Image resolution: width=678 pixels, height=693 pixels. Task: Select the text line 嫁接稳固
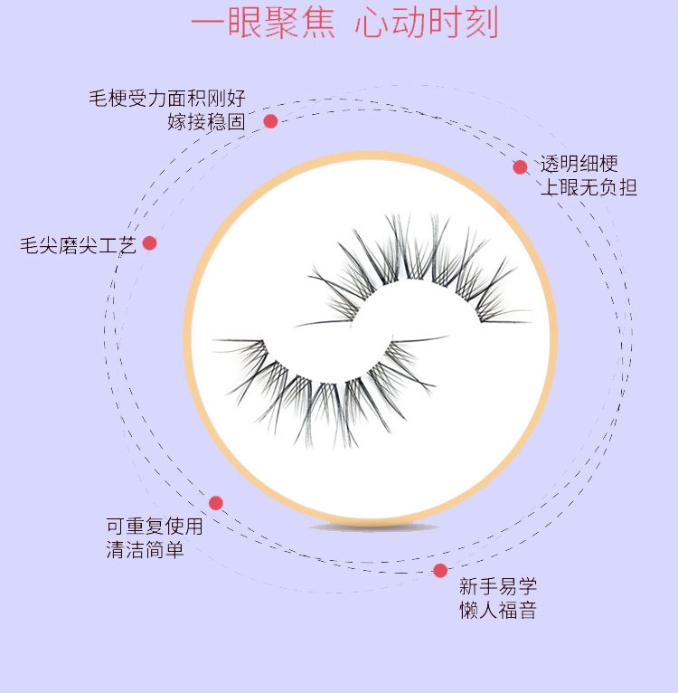click(x=206, y=122)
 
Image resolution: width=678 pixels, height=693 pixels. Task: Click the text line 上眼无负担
click(x=589, y=188)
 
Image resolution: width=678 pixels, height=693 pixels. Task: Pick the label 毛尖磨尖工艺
click(x=78, y=245)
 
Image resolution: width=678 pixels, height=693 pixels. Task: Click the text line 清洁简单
click(x=145, y=549)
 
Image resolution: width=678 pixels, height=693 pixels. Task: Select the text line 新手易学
click(x=497, y=586)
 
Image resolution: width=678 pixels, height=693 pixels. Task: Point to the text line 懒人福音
click(x=497, y=610)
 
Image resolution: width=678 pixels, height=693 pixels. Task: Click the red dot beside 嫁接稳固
click(x=270, y=121)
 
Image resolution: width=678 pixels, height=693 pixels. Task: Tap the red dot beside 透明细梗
click(x=520, y=166)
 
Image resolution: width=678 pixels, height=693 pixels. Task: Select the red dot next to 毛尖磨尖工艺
click(x=150, y=243)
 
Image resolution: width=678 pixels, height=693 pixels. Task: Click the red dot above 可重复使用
click(x=216, y=503)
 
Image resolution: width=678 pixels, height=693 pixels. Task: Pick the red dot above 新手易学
click(x=440, y=570)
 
